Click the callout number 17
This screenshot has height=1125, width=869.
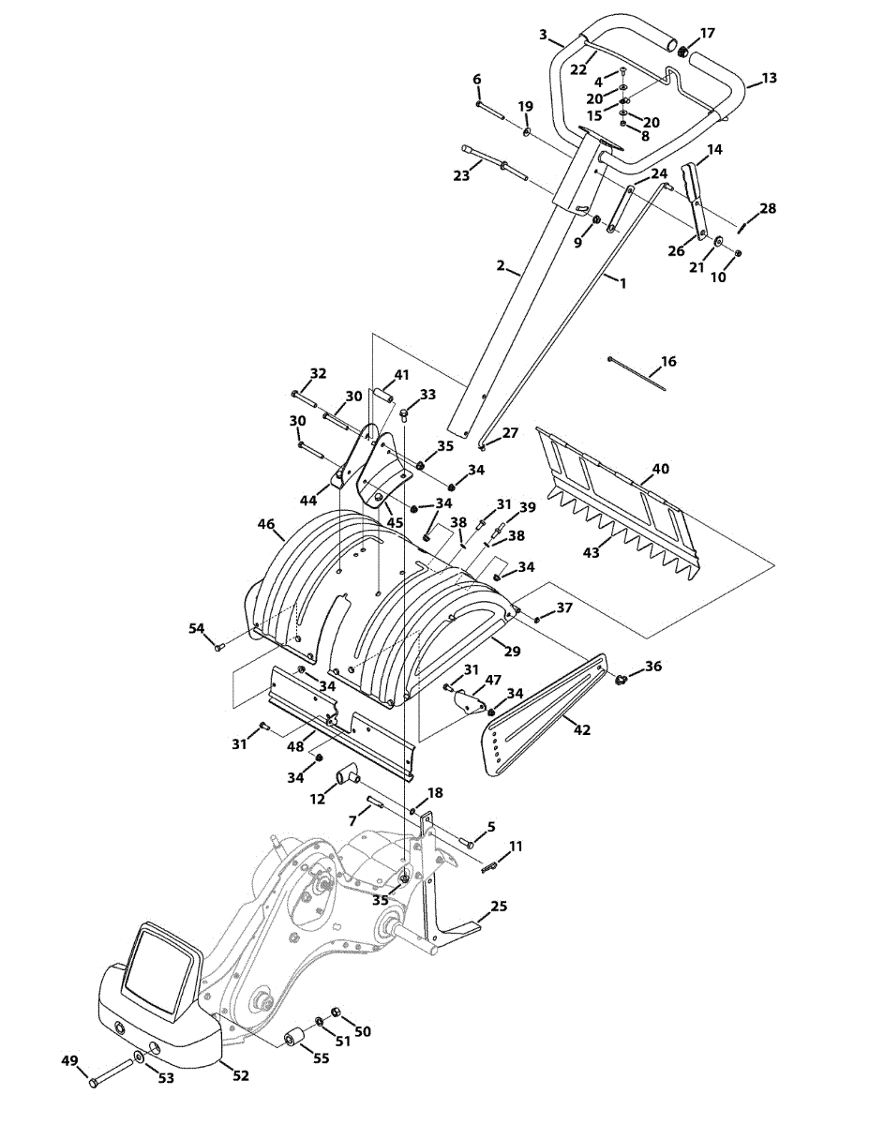tap(707, 33)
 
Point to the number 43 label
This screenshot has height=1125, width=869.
tap(592, 553)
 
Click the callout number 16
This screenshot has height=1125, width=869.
tap(668, 361)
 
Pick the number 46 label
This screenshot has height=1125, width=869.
tap(266, 523)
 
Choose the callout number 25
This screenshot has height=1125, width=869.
tap(499, 906)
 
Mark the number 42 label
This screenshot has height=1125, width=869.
tap(582, 730)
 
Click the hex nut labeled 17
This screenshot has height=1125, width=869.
tap(682, 52)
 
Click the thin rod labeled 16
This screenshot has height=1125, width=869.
tap(637, 374)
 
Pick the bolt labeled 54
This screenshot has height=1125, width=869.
tap(220, 647)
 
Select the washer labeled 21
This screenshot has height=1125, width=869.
tap(718, 242)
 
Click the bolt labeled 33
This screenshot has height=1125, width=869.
tap(404, 414)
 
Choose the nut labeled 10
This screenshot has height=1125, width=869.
tap(739, 252)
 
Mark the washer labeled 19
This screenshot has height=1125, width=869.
tap(527, 132)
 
